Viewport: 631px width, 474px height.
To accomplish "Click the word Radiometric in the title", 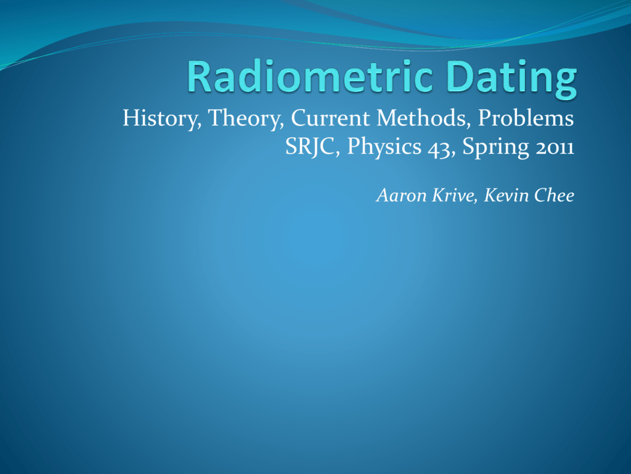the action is click(310, 77).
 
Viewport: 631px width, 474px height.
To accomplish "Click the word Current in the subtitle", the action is click(330, 118).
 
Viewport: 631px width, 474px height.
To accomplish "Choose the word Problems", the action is click(526, 118).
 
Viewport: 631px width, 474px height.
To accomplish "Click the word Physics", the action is click(384, 147).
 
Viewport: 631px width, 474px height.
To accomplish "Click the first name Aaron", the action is click(401, 196).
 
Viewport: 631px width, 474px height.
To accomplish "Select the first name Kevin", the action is click(506, 196).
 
